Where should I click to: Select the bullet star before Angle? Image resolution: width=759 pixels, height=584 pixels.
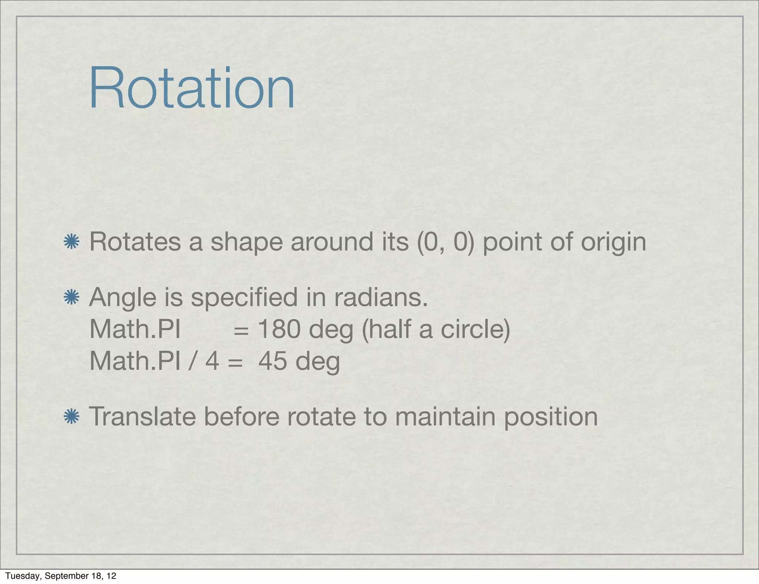(72, 298)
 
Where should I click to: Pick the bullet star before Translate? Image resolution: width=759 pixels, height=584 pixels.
(72, 417)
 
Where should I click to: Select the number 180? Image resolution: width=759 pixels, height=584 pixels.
(279, 329)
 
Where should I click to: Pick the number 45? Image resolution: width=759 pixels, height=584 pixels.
(272, 361)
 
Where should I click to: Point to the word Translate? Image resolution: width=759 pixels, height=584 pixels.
(143, 417)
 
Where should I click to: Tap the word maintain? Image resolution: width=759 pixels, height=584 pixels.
(445, 417)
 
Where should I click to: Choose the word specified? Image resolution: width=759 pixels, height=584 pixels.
(244, 298)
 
